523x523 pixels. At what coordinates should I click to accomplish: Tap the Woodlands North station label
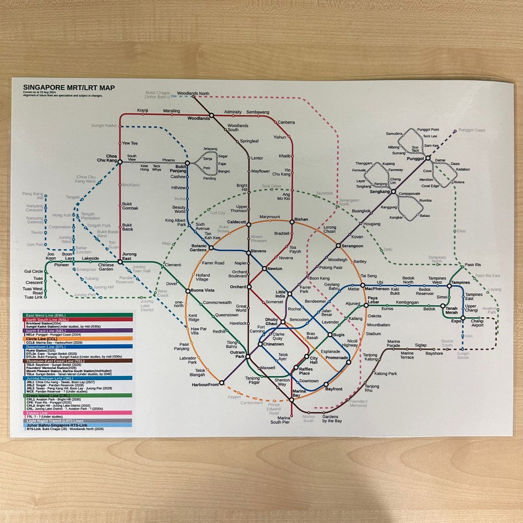click(193, 93)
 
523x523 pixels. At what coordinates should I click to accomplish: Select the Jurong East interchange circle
click(120, 262)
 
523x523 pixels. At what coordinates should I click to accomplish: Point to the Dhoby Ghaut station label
click(271, 321)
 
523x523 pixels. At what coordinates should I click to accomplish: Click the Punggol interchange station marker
click(428, 157)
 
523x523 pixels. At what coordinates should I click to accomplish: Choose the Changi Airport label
click(477, 323)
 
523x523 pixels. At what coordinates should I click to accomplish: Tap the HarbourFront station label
click(205, 385)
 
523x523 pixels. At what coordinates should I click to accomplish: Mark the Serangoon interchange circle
click(338, 246)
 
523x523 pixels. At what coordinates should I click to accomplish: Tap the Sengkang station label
click(380, 192)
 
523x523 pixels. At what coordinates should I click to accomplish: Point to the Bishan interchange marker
click(292, 222)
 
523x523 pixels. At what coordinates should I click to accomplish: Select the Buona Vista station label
click(202, 291)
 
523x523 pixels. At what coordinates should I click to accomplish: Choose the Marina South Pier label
click(280, 419)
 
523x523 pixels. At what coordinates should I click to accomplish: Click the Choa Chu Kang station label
click(108, 158)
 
